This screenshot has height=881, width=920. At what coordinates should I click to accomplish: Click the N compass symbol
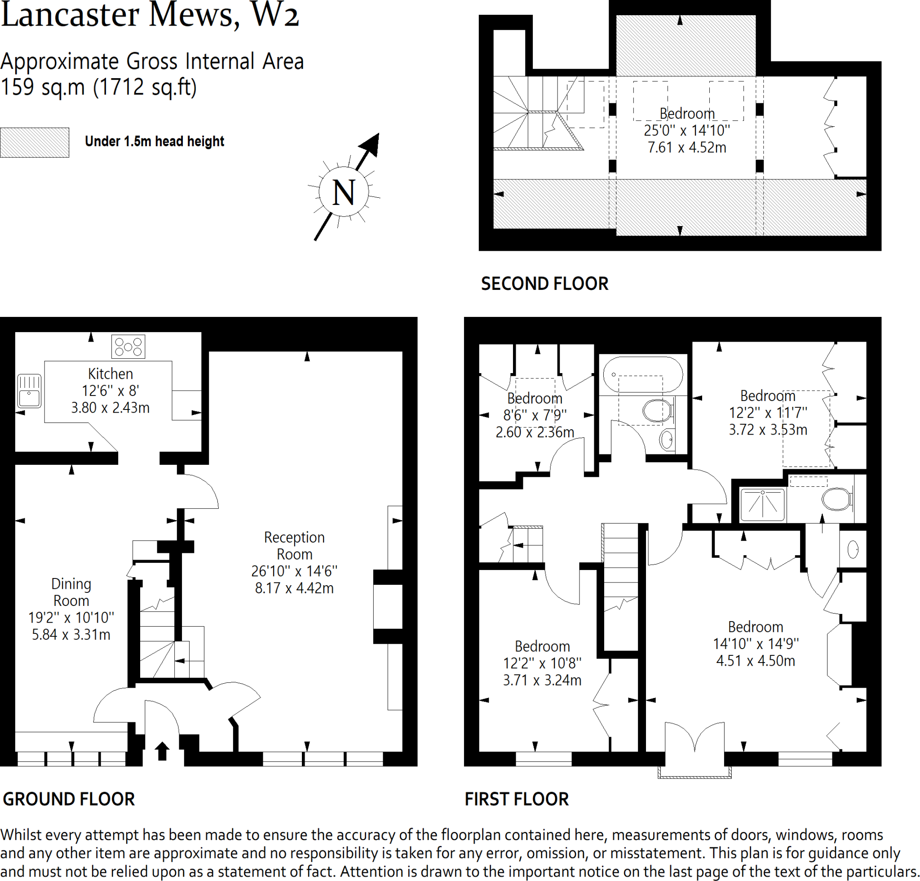[x=344, y=192]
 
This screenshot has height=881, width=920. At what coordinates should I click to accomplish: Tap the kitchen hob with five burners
[x=128, y=347]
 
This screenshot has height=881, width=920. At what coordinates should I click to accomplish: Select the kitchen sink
[x=29, y=391]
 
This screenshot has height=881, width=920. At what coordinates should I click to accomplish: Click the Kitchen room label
[x=111, y=374]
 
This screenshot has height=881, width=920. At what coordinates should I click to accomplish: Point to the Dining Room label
[x=71, y=592]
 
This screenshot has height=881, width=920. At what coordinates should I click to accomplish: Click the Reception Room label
[x=294, y=546]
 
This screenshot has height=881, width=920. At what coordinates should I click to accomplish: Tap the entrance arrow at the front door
[x=162, y=751]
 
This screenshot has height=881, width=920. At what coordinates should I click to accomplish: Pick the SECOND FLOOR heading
[x=544, y=284]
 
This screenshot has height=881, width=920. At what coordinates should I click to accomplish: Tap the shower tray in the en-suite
[x=762, y=505]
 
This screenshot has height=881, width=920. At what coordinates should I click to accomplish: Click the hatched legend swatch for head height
[x=34, y=142]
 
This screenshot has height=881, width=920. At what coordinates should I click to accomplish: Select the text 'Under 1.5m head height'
[x=155, y=141]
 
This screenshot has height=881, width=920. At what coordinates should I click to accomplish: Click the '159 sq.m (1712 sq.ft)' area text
[x=98, y=87]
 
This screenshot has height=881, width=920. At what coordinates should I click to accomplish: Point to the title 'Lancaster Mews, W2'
[x=150, y=15]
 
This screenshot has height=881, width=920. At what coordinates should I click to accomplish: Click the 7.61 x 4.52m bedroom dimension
[x=687, y=147]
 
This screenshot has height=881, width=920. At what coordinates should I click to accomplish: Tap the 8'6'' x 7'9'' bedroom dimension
[x=535, y=415]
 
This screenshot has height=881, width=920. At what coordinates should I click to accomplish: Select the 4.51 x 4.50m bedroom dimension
[x=755, y=661]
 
